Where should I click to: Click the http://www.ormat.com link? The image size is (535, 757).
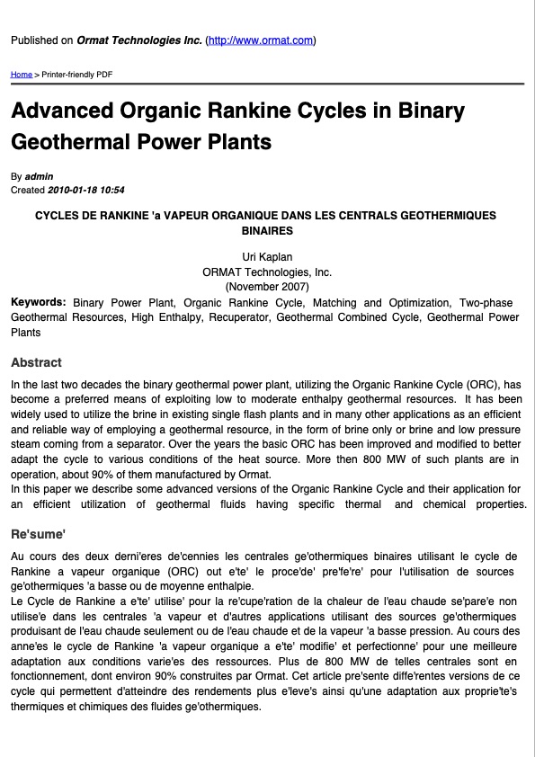tap(261, 40)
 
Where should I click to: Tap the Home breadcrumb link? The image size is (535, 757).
tap(21, 74)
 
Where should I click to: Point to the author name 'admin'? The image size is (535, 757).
tap(40, 176)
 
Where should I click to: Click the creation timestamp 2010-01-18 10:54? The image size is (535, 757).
tap(85, 190)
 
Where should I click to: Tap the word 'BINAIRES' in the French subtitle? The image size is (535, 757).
tap(267, 231)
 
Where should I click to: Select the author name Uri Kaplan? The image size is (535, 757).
tap(267, 257)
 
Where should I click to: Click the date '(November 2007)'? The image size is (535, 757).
tap(267, 286)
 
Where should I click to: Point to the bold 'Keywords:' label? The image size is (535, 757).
tap(38, 302)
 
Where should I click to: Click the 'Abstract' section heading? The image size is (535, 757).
tap(36, 362)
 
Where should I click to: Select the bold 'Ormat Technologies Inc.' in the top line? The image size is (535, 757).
tap(139, 40)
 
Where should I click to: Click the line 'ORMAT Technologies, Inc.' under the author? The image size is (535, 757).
tap(267, 272)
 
